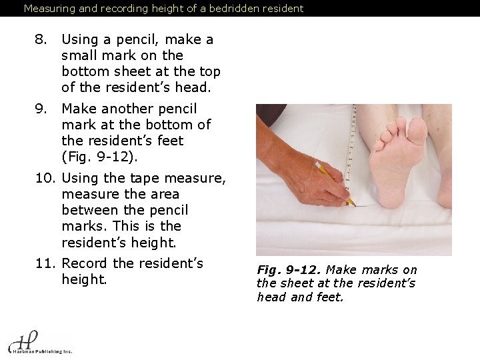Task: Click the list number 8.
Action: coord(41,39)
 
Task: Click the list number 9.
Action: coord(41,109)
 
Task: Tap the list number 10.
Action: coord(45,178)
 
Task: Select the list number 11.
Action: coord(45,263)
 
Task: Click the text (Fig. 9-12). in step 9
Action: coord(99,157)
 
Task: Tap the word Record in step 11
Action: coord(85,263)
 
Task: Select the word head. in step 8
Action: coord(193,87)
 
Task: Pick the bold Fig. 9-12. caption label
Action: coord(289,270)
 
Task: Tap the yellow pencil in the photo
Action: coord(335,183)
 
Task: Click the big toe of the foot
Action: coord(417,131)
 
